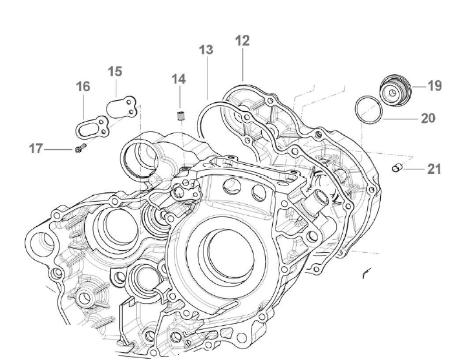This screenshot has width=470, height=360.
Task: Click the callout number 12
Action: [242, 41]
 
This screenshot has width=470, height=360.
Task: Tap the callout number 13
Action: [206, 50]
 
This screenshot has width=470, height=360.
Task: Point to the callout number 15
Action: [114, 70]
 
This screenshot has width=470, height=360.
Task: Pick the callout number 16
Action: [83, 86]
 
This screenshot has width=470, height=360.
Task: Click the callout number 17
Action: [36, 149]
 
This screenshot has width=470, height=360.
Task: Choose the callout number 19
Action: [434, 85]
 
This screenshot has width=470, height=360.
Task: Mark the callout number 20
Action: [427, 118]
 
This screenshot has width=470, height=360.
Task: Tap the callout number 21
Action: [434, 169]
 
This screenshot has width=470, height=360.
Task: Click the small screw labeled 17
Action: [79, 150]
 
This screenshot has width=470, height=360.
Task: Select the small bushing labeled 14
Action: [180, 117]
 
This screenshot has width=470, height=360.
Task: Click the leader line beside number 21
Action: [414, 169]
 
